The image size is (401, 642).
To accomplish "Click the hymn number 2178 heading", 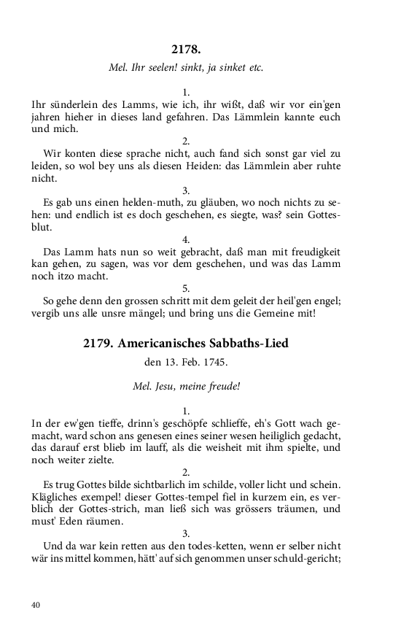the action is (x=186, y=49).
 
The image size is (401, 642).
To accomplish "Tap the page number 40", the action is (x=36, y=604).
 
